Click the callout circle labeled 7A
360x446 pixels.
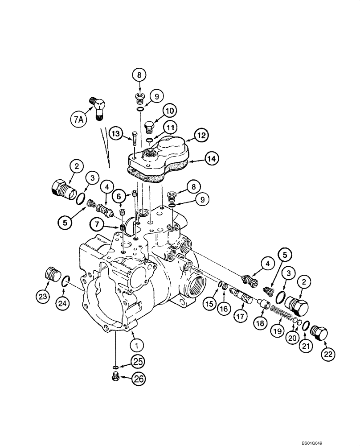tap(78, 119)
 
